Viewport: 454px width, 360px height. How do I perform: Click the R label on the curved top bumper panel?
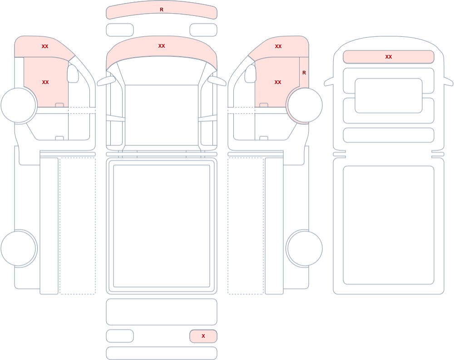162,10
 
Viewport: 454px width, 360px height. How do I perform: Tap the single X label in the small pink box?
203,336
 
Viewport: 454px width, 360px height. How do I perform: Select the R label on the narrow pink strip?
304,73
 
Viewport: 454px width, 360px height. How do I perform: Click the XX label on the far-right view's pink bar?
389,57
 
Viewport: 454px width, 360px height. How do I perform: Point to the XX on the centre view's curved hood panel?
162,46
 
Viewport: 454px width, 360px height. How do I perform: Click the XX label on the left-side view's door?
45,82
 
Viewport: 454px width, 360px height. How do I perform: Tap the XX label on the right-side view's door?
278,82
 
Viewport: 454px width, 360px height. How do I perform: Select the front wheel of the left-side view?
18,105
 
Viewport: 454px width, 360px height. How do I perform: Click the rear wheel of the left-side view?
18,248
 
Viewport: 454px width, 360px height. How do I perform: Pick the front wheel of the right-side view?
305,105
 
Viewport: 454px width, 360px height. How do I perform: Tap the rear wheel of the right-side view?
305,248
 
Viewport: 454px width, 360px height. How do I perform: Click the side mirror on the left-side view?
73,74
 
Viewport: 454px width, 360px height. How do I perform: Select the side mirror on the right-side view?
251,74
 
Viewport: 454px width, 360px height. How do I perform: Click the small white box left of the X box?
120,336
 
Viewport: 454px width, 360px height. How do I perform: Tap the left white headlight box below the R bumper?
120,30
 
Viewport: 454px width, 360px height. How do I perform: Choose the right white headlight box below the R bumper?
203,30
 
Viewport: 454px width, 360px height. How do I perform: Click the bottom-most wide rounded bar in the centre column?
162,353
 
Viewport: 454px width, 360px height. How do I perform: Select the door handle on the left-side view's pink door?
59,105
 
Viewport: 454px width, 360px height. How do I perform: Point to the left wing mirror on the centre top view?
106,81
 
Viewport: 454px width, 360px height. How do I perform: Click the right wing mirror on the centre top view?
217,81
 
